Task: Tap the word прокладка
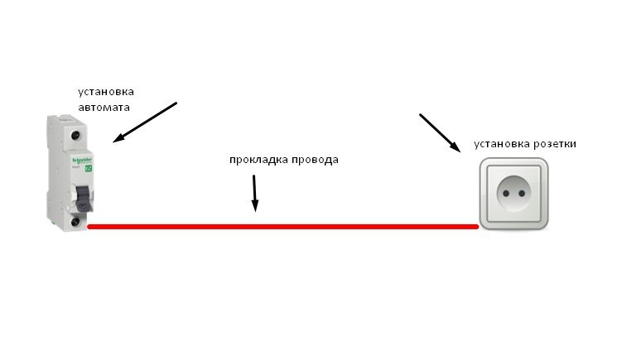pos(257,160)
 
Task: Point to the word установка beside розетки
pos(502,144)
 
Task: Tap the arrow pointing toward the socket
pos(440,132)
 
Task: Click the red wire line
pos(282,226)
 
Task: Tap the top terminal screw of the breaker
pos(77,134)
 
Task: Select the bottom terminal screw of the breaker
pos(76,222)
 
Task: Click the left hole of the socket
pos(504,196)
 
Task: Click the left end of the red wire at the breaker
pos(89,226)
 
